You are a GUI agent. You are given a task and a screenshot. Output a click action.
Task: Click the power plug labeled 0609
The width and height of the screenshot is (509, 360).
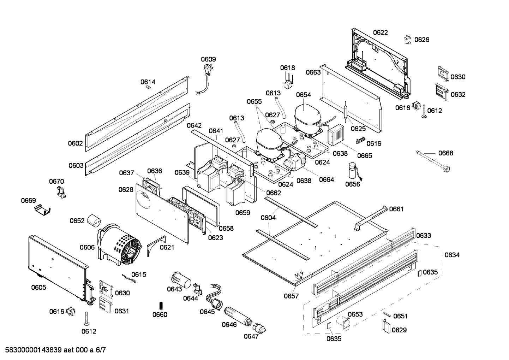tap(206, 70)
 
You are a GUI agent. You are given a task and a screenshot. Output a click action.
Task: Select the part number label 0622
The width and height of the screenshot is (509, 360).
tap(380, 33)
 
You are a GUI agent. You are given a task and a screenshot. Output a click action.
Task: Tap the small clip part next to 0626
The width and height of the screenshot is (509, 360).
tap(408, 40)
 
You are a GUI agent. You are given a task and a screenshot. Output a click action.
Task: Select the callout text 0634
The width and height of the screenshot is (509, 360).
tap(452, 255)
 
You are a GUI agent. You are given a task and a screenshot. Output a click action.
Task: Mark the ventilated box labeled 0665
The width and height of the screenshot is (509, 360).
tap(336, 135)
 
